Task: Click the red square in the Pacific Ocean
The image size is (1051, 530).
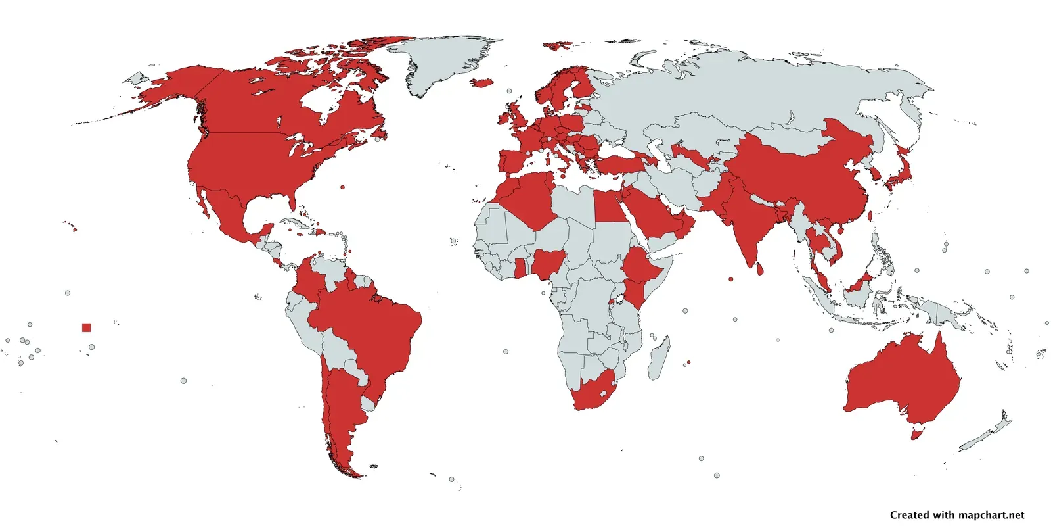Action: (87, 327)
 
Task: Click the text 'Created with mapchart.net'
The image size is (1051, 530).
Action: (957, 515)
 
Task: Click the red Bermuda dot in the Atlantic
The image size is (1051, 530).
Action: (342, 187)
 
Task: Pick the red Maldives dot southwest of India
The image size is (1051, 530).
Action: (730, 279)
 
